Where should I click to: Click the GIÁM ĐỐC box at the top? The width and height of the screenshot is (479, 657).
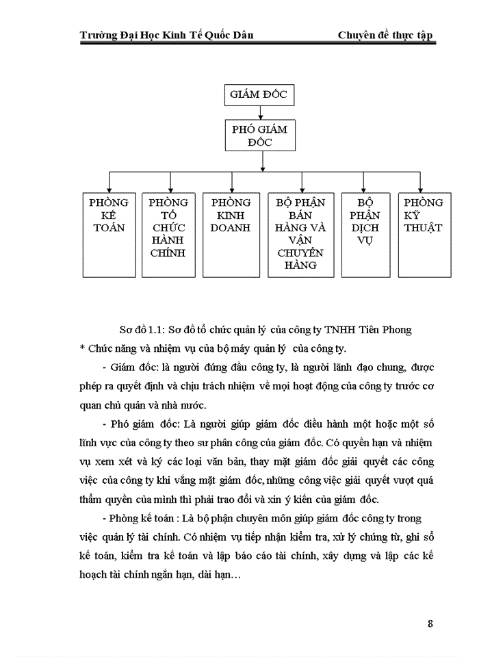pyautogui.click(x=259, y=94)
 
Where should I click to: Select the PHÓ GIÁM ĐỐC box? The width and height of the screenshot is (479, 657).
pyautogui.click(x=259, y=135)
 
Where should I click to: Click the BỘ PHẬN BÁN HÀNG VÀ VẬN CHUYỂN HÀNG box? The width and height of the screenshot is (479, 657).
pyautogui.click(x=301, y=233)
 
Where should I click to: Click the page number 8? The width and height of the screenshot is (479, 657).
pyautogui.click(x=430, y=623)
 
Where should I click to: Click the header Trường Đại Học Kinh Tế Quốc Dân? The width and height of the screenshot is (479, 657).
pyautogui.click(x=167, y=35)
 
